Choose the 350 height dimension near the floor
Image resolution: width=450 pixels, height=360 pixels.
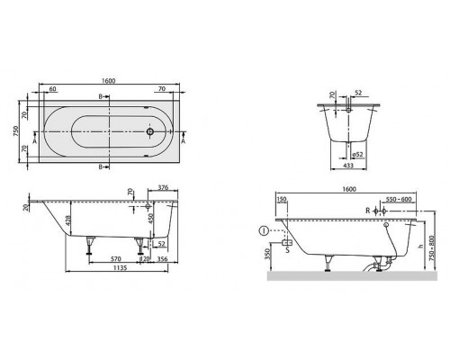coord(267,256)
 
